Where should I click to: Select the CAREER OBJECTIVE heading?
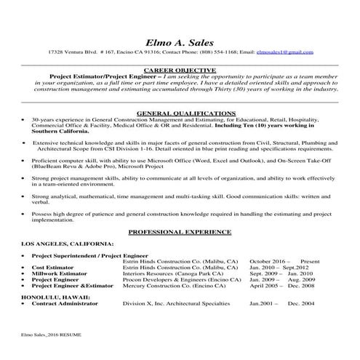click(179, 70)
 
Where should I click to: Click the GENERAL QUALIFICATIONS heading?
click(179, 114)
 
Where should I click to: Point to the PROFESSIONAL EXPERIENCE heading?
click(179, 231)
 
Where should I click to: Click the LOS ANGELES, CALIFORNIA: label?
click(67, 242)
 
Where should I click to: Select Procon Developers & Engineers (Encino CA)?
click(176, 279)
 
